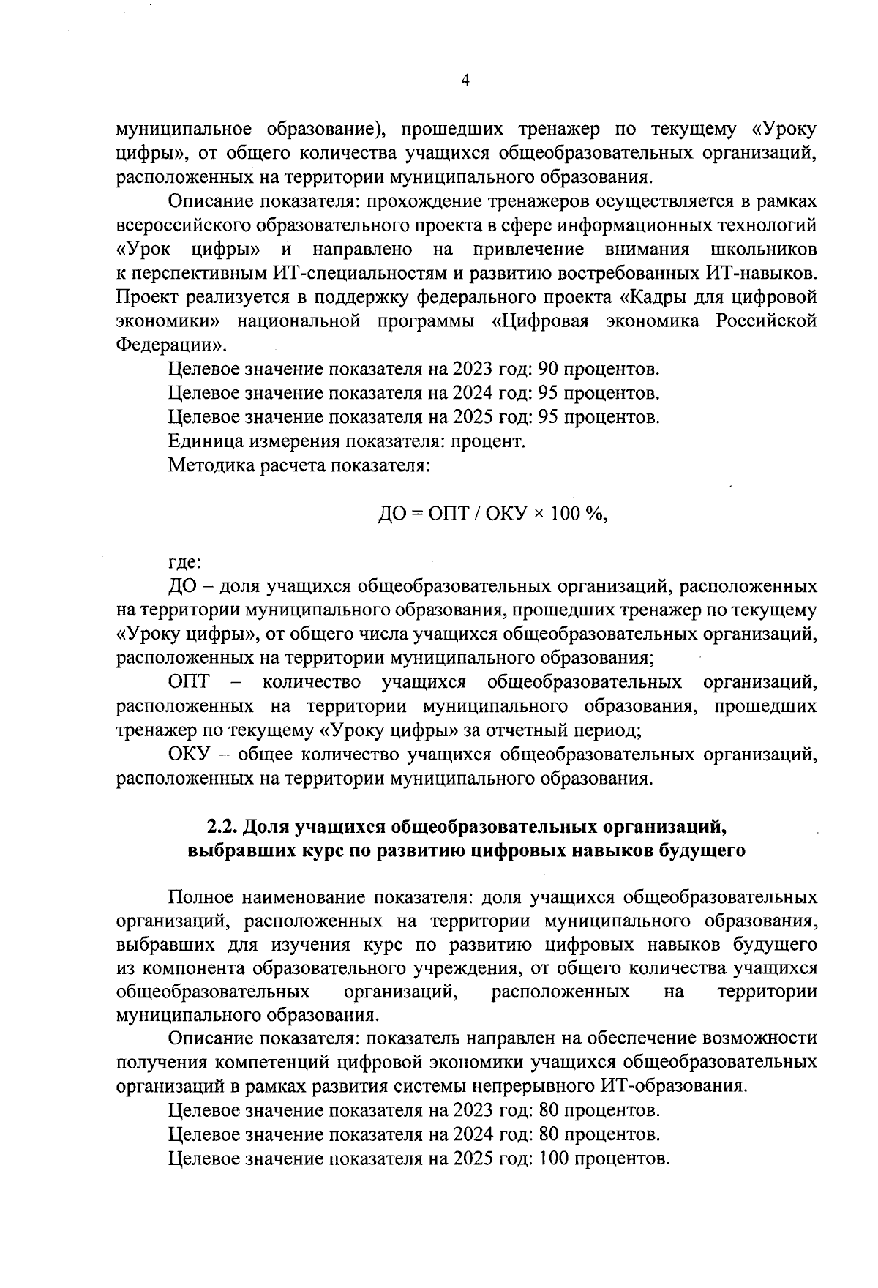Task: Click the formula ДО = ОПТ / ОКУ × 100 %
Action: [x=492, y=514]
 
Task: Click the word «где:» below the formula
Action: [x=184, y=563]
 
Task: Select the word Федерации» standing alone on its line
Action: [x=172, y=345]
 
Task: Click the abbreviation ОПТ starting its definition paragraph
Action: [x=188, y=682]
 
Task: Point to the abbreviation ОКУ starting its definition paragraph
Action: [x=188, y=754]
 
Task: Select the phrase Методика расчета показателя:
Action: [x=299, y=465]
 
